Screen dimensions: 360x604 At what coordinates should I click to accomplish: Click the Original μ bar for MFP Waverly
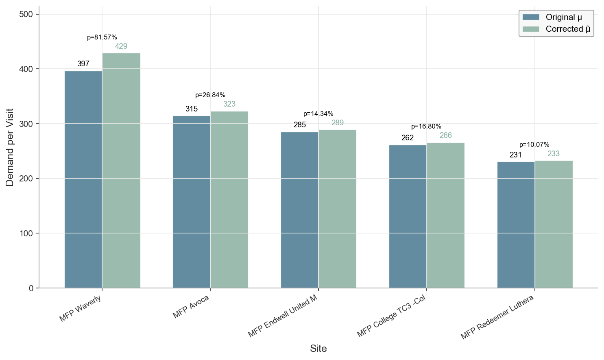click(x=83, y=179)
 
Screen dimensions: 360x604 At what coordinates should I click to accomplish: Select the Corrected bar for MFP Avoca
click(x=229, y=199)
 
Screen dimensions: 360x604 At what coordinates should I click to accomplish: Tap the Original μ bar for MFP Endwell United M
click(x=300, y=210)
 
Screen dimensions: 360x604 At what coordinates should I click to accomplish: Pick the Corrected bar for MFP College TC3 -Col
click(x=445, y=215)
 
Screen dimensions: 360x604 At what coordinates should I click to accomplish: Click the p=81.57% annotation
click(x=102, y=37)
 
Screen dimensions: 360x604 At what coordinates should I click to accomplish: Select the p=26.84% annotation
click(x=210, y=95)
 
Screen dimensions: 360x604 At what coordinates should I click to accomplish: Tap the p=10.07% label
click(x=534, y=145)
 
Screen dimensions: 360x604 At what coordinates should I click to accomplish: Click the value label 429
click(x=121, y=46)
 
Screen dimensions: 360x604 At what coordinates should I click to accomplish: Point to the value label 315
click(x=192, y=109)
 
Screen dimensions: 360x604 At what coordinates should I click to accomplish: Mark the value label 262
click(x=408, y=138)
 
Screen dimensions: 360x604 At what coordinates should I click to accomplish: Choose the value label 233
click(x=554, y=154)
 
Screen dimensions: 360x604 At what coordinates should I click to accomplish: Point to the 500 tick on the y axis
click(x=26, y=14)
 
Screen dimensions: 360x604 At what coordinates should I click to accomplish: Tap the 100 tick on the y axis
click(x=26, y=233)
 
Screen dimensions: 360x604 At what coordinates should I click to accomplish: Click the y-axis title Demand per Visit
click(x=10, y=147)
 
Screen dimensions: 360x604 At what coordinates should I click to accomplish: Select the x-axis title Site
click(x=318, y=349)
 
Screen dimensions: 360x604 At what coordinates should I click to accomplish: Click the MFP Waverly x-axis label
click(x=80, y=309)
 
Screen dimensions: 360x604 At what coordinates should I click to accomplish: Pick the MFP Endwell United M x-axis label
click(x=283, y=316)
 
